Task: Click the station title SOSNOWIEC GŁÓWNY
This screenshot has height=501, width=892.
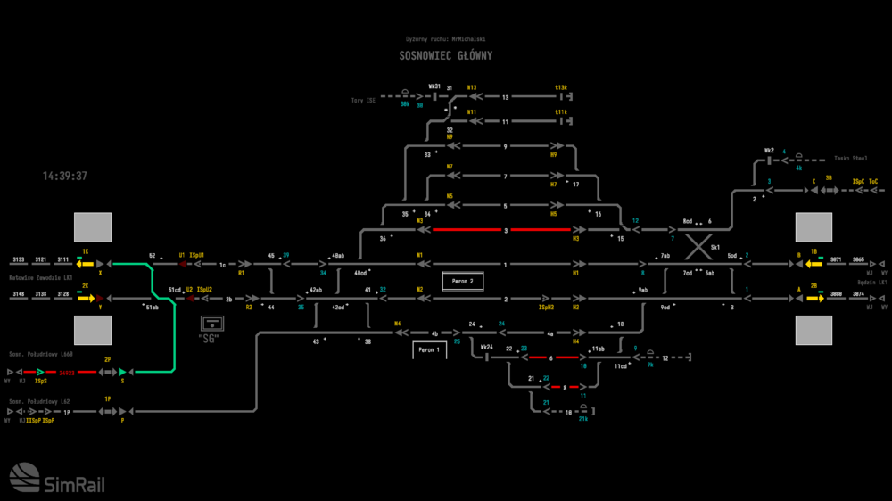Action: (446, 55)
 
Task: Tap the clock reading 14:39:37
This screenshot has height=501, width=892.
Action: (65, 177)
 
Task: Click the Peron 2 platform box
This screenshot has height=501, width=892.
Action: (462, 282)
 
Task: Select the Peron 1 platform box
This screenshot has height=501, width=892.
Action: (429, 350)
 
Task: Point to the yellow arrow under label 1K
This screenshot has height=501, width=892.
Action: (86, 264)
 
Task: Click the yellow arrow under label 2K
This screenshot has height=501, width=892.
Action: (86, 298)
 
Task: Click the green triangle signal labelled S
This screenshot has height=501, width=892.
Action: (122, 371)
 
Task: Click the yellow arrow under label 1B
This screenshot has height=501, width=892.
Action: (814, 264)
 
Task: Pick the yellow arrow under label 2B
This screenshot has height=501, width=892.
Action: (814, 298)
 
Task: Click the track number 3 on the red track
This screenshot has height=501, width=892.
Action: (506, 230)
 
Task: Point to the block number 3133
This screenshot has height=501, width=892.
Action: (19, 259)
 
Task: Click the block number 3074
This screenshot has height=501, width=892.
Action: (858, 293)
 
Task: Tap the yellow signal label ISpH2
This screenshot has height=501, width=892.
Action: (547, 308)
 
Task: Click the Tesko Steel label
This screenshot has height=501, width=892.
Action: (850, 159)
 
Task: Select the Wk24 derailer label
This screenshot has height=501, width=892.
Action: (486, 347)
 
